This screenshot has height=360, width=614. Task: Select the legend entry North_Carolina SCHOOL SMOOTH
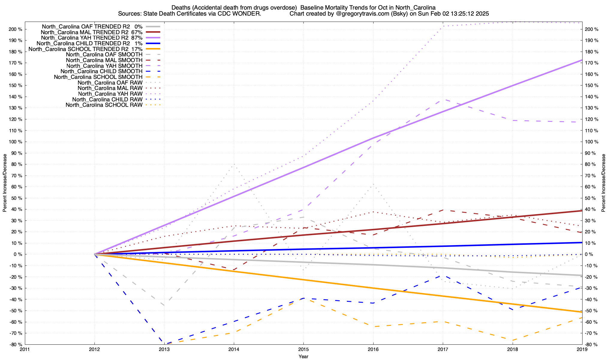(98, 77)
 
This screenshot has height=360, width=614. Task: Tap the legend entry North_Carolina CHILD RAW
(107, 100)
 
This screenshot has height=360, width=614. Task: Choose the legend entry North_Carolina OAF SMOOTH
(104, 55)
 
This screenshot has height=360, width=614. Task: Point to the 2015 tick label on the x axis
(303, 349)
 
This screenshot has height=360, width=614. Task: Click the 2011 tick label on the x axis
(25, 349)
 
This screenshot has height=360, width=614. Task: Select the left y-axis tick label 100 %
(16, 142)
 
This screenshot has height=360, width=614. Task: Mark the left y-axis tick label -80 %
(16, 344)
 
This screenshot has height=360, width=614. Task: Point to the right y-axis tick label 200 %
(592, 29)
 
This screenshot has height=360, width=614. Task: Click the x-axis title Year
(303, 356)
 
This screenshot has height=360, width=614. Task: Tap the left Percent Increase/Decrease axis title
(5, 183)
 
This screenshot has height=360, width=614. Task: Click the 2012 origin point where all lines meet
(95, 254)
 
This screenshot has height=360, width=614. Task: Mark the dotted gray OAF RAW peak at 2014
(234, 164)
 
